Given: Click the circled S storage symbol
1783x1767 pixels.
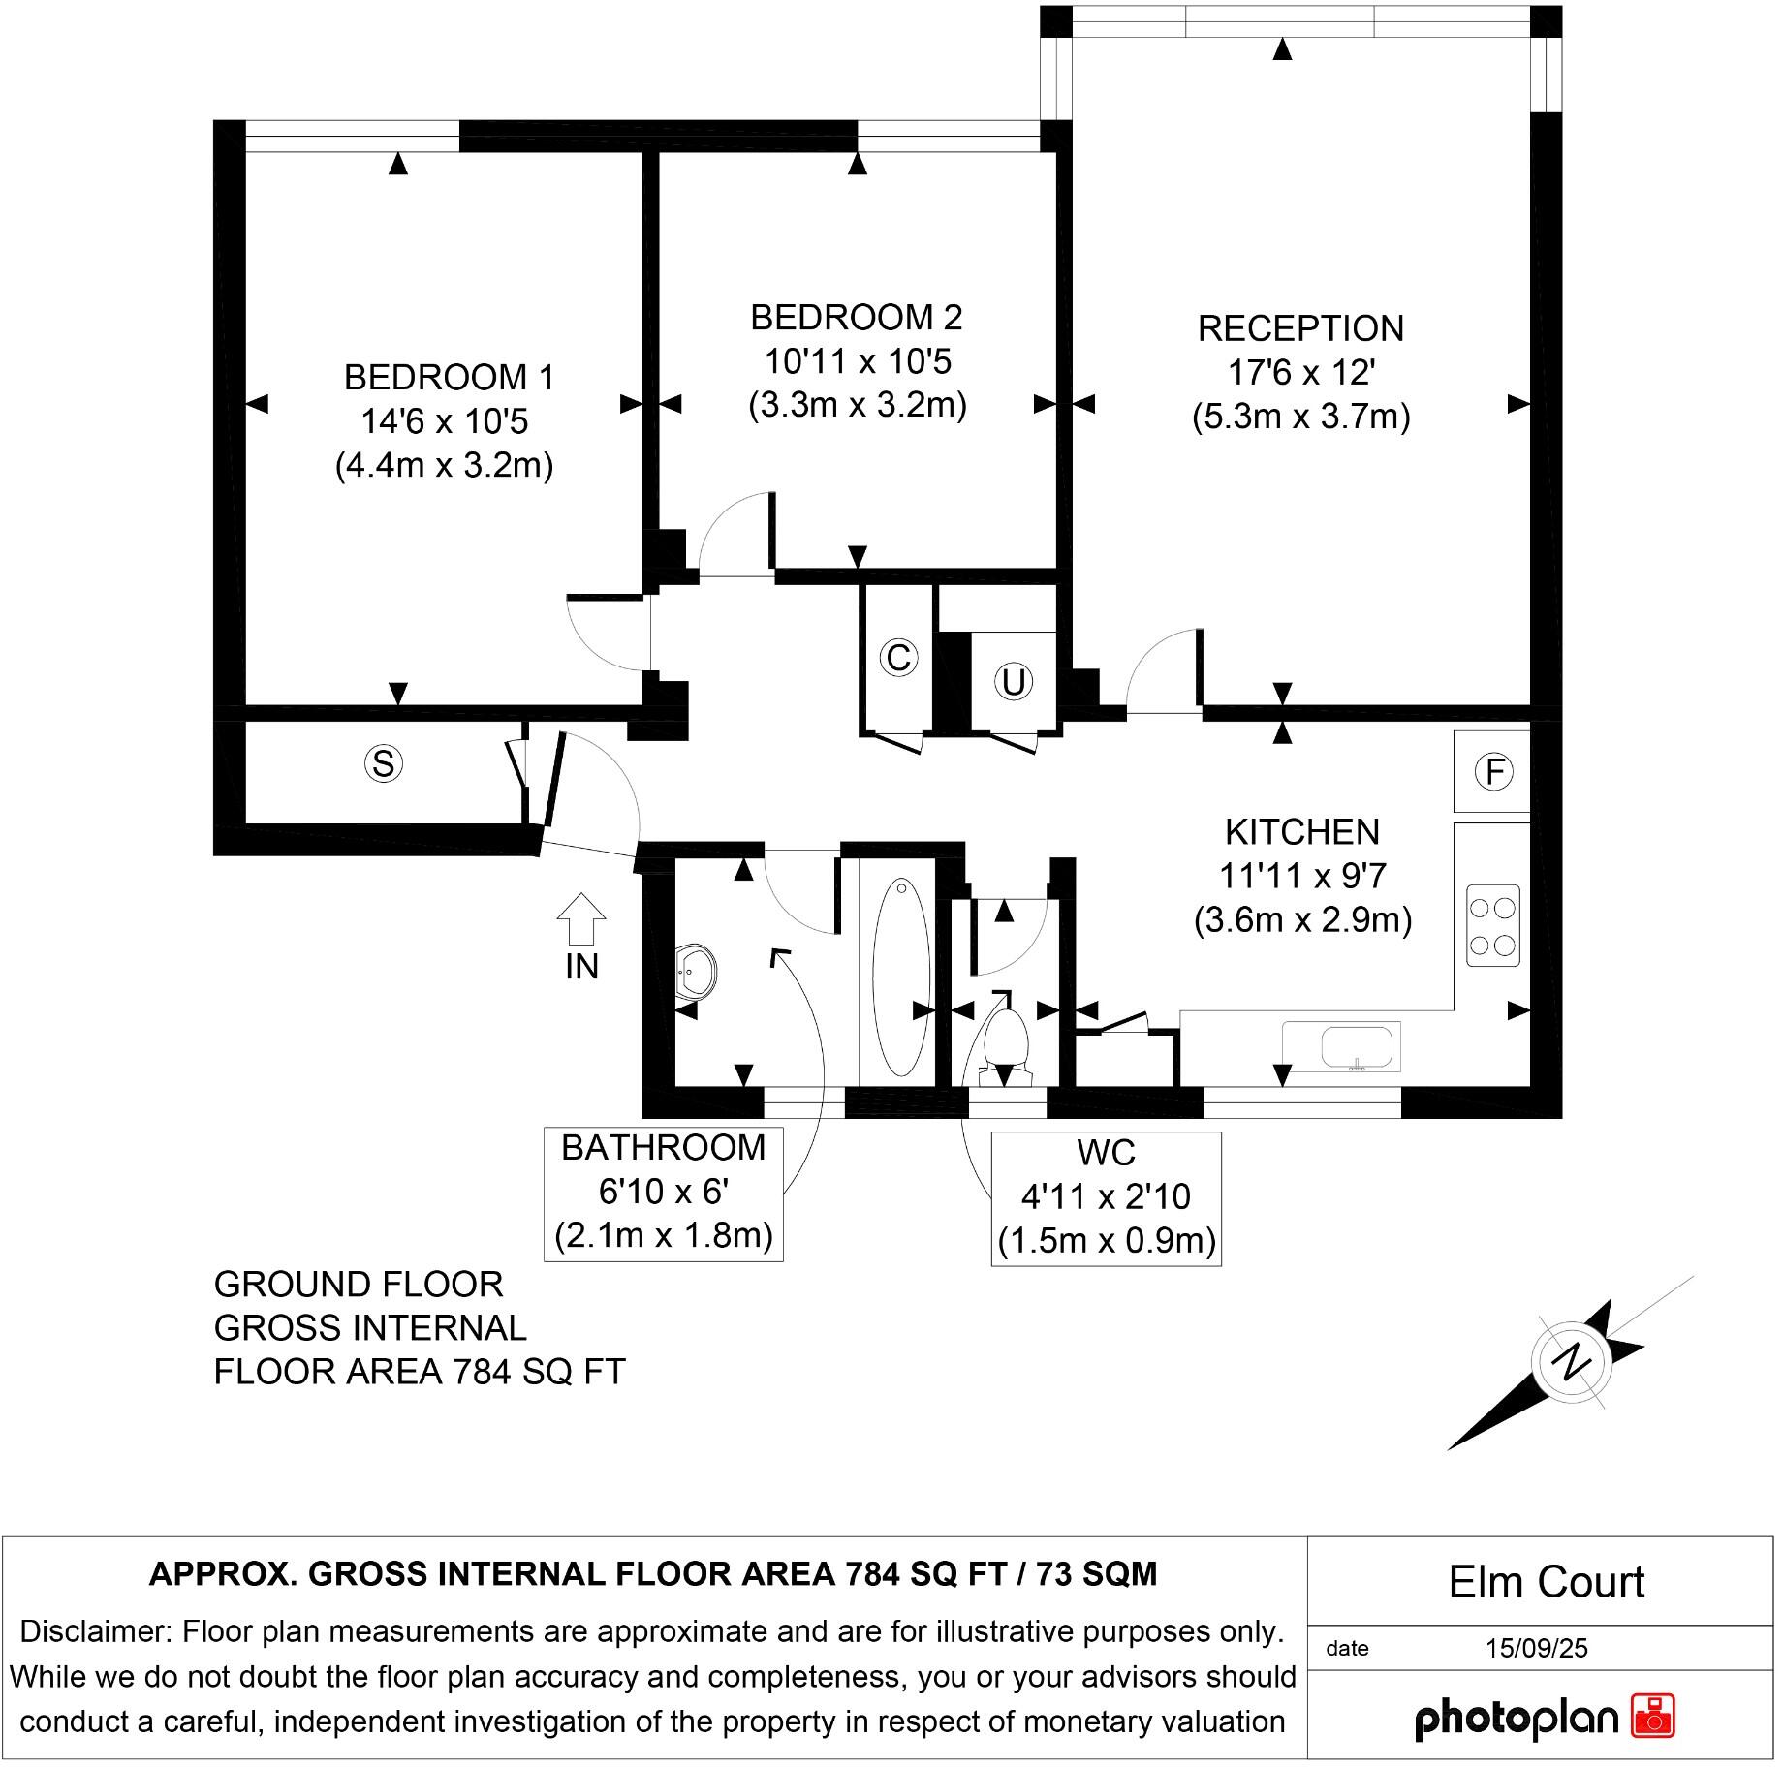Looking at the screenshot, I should (384, 763).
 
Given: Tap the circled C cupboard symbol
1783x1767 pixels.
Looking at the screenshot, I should (898, 658).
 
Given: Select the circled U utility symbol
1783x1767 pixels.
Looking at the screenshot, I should (1013, 682).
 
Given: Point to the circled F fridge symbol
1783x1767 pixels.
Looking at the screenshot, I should (1493, 771).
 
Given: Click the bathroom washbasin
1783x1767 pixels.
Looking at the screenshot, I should (697, 971).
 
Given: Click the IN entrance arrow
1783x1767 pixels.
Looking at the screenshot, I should (581, 918).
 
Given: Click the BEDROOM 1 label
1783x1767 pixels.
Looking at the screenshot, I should (449, 377).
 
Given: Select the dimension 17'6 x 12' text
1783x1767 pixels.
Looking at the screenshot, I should (1300, 372).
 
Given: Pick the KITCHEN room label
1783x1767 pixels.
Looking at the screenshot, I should (1301, 831).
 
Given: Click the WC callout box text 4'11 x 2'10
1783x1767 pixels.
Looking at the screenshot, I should (1106, 1196).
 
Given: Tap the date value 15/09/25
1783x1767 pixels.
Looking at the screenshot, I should (1536, 1648).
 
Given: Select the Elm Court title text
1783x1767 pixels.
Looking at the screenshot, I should (1546, 1582).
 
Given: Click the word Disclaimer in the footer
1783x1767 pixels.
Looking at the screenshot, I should (94, 1631).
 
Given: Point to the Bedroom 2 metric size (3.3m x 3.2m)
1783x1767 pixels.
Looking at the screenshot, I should (858, 404).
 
